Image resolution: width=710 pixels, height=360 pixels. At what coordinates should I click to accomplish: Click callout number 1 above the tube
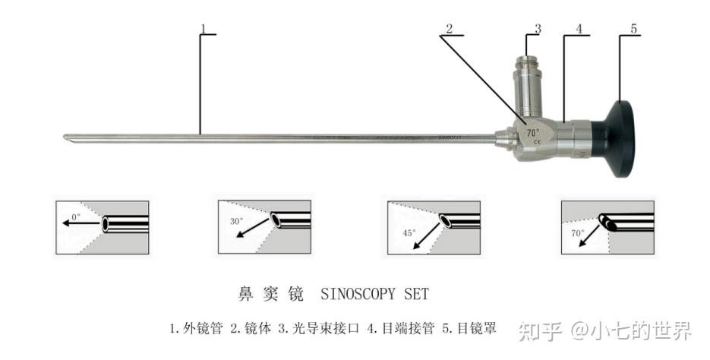coord(204,29)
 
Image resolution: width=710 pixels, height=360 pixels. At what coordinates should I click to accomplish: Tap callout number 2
coord(450,29)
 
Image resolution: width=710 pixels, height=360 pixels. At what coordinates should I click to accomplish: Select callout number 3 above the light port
coord(537,29)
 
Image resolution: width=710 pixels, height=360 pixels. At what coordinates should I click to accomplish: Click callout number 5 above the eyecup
coord(634,29)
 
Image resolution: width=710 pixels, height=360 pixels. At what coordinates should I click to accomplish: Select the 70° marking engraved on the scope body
coord(534,132)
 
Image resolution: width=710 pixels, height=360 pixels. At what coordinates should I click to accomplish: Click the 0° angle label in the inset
coord(75,216)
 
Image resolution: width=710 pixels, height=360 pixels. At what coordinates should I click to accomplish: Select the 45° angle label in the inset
coord(409,232)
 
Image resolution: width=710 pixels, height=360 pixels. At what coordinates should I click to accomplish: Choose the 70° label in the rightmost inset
coord(578,232)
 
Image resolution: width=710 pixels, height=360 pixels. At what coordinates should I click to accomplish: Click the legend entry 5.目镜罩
coord(470,329)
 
